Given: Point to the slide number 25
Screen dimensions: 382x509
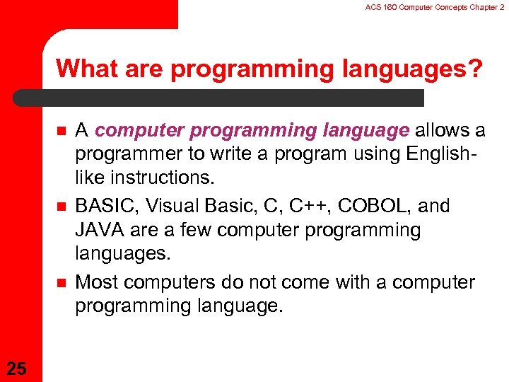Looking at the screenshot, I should (x=17, y=367).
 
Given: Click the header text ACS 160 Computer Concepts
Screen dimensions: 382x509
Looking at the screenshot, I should (x=410, y=6).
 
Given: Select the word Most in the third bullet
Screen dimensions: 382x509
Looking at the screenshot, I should (x=96, y=283).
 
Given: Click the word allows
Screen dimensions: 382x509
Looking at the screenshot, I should (x=442, y=130).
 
